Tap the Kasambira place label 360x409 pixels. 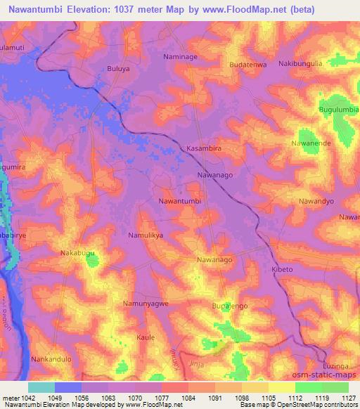click(x=205, y=149)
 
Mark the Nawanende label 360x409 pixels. click(x=311, y=143)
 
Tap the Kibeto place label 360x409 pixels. click(x=282, y=270)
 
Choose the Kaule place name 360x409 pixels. click(x=146, y=337)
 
